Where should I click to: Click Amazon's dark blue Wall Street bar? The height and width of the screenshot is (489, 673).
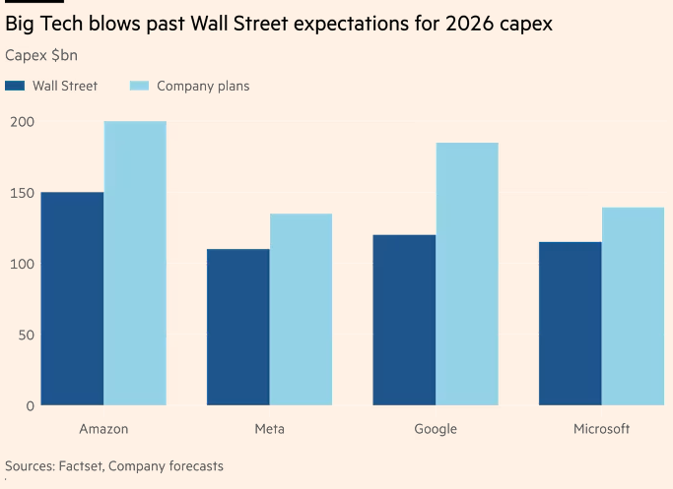72,298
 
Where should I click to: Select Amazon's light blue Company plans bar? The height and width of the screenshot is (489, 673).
135,263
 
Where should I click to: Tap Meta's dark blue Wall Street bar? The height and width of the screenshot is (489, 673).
237,327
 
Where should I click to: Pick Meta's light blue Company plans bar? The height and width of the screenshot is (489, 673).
301,309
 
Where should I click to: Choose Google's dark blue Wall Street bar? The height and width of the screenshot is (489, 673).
404,320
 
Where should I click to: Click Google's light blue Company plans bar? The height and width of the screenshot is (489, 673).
467,274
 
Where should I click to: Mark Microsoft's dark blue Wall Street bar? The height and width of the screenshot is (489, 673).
570,323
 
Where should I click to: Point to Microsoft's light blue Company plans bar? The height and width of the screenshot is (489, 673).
633,306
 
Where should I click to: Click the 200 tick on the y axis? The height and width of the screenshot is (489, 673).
23,122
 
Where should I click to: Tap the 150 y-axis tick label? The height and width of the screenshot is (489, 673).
23,193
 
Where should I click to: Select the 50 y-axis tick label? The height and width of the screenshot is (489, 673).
27,335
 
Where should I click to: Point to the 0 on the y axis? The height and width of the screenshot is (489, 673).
31,405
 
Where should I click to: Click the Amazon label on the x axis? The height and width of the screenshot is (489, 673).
103,429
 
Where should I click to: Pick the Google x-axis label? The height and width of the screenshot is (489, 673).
436,429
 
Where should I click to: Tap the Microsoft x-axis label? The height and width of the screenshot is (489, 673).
601,429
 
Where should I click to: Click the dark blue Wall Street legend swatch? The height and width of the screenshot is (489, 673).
15,86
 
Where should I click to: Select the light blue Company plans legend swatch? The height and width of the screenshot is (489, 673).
139,86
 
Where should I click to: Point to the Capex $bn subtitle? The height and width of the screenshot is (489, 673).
41,55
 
